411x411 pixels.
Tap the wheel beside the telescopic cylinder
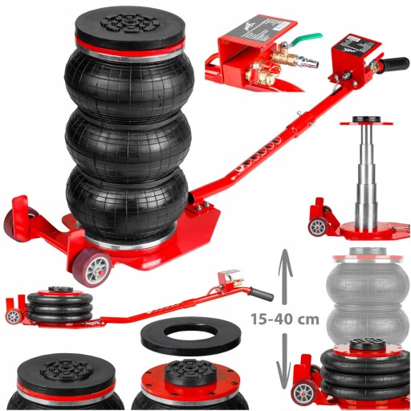click(319, 226)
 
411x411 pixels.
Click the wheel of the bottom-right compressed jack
click(303, 392)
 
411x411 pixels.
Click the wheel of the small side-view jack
click(12, 316)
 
